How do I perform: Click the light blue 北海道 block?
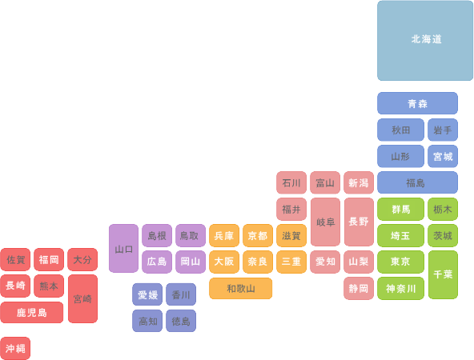[425, 41]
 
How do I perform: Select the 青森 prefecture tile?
[417, 103]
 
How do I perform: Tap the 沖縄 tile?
[15, 348]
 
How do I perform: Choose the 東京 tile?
[400, 262]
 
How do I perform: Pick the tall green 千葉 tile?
[443, 274]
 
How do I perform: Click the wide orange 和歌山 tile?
[241, 289]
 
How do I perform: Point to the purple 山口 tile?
[123, 248]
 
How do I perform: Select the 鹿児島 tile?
[32, 312]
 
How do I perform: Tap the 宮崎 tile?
[82, 298]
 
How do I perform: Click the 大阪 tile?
[224, 262]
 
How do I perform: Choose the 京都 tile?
[258, 235]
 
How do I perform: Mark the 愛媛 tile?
[147, 294]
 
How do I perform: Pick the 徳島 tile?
[181, 321]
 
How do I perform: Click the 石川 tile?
[291, 182]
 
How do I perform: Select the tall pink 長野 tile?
[359, 222]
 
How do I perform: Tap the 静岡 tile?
[359, 289]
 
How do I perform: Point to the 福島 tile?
[417, 182]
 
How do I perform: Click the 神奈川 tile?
[400, 289]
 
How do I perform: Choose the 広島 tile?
[157, 262]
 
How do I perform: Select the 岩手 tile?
[443, 130]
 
